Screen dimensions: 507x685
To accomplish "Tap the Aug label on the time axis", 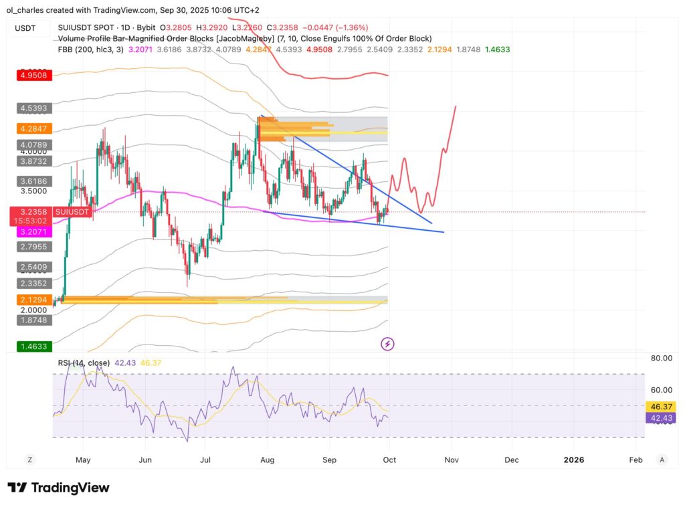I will click(267, 460).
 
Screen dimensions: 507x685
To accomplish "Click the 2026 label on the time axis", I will click(574, 460).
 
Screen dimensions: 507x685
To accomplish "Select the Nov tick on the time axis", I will click(452, 460).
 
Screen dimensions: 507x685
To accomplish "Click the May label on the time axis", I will click(83, 460).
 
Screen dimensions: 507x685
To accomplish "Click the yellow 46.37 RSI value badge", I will click(661, 406).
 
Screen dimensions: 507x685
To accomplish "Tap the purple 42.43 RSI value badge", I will click(661, 418).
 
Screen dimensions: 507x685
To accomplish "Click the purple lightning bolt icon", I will click(387, 344).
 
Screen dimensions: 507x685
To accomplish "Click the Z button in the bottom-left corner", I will click(29, 460).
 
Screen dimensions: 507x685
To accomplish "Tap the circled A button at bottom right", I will click(662, 460).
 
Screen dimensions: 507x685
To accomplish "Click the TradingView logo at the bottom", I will click(58, 488).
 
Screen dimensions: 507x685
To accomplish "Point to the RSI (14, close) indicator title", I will click(86, 363).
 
